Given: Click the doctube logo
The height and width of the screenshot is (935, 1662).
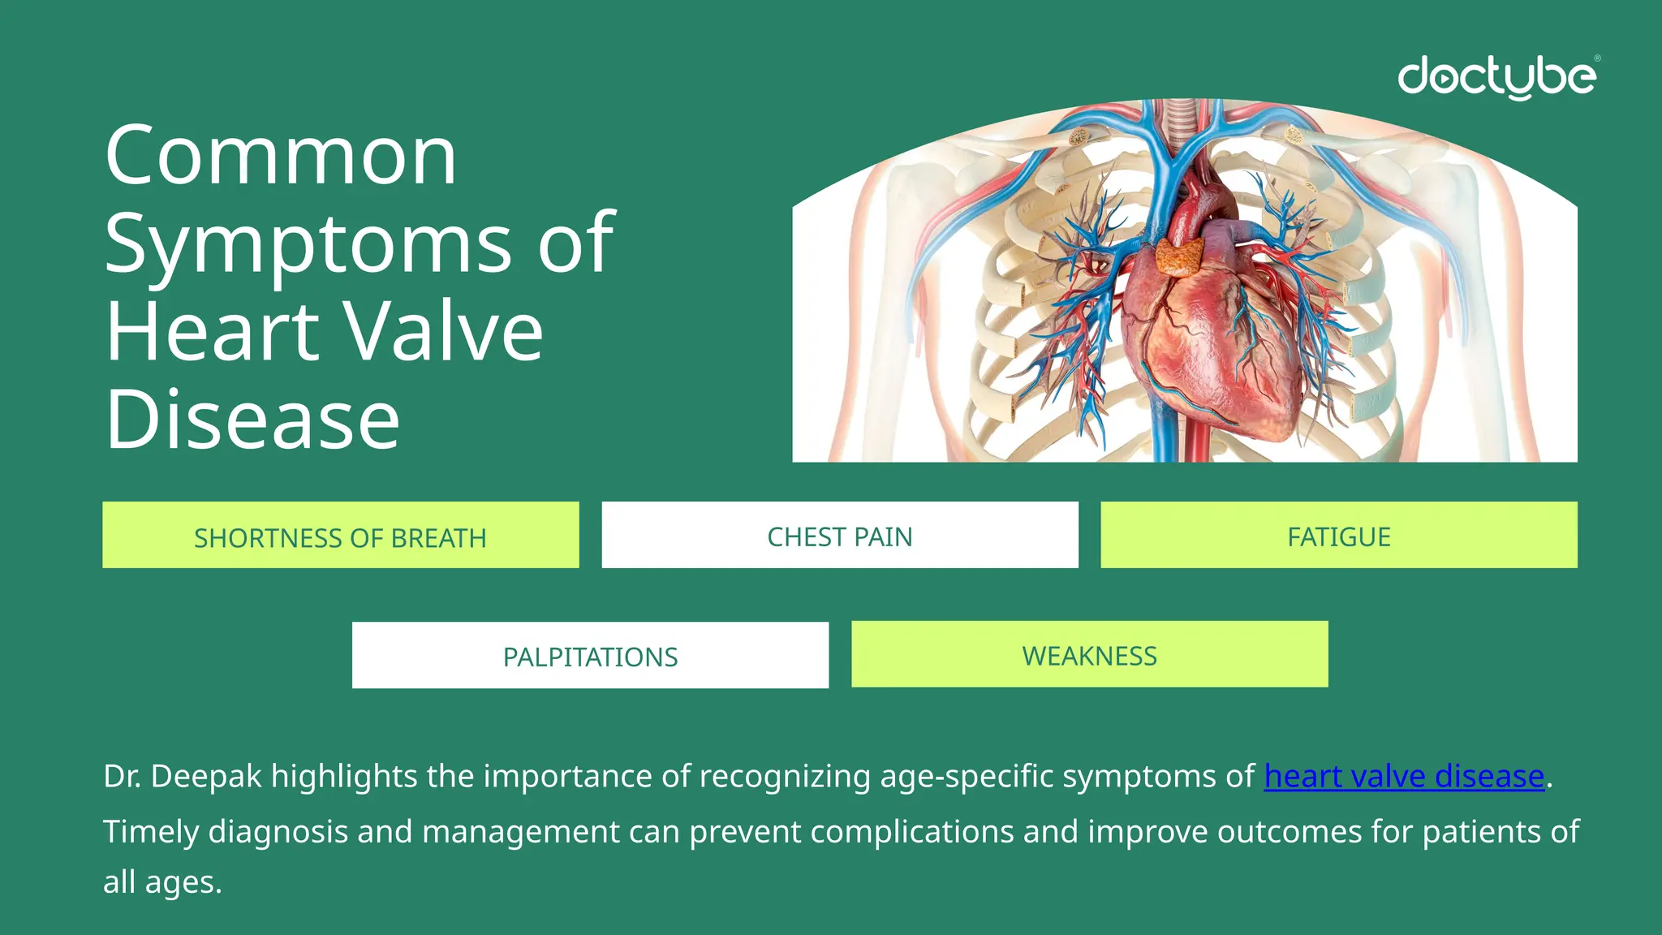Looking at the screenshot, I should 1496,77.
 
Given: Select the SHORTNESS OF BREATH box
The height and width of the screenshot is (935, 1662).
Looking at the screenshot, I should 340,536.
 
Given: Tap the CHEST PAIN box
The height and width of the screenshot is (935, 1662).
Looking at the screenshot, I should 840,536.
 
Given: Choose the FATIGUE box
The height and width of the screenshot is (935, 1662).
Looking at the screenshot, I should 1339,536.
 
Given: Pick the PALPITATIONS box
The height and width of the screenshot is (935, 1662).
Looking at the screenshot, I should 590,656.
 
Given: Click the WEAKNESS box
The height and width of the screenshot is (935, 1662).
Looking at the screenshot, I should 1089,655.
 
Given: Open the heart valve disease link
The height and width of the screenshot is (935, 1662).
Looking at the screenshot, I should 1404,777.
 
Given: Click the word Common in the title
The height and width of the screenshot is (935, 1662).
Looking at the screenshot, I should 281,156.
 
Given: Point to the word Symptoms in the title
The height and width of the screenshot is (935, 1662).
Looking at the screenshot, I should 308,243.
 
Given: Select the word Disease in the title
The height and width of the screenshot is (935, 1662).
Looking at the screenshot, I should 252,420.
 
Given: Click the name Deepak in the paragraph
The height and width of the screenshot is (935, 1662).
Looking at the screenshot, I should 206,777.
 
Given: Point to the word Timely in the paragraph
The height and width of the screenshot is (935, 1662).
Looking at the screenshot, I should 151,832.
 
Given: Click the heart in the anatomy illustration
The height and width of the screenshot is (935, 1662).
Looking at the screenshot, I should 1209,341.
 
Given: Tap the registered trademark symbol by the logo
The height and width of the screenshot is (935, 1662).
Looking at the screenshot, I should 1597,58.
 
